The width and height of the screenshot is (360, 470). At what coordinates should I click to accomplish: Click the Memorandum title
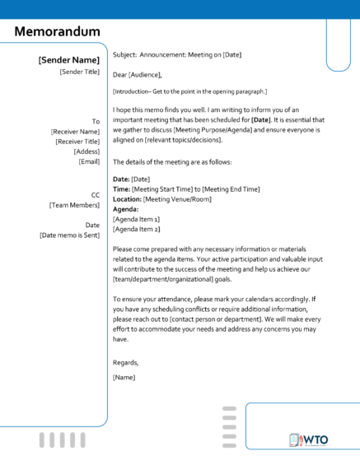(58, 31)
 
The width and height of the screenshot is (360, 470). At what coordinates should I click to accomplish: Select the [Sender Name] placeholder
(69, 60)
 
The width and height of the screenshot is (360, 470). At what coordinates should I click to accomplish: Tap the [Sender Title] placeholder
(80, 72)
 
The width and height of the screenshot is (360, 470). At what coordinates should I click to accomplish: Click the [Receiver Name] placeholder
(75, 131)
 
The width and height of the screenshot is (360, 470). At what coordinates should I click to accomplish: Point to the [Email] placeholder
(89, 161)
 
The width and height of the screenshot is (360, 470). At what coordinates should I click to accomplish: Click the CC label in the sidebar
(95, 195)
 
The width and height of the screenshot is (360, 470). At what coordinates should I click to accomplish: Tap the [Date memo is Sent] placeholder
(69, 235)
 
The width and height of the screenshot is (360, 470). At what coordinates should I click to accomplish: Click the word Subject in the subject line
(124, 54)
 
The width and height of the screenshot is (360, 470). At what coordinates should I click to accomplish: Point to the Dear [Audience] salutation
(137, 74)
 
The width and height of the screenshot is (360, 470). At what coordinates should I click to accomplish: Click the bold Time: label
(121, 188)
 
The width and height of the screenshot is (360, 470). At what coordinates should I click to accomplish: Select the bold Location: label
(127, 198)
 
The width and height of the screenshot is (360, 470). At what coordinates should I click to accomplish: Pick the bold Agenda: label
(125, 209)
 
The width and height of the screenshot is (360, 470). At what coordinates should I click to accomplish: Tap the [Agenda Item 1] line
(136, 219)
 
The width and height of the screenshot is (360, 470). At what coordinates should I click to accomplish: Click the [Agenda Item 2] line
(136, 229)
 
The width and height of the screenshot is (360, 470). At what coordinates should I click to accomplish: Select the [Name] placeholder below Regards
(124, 377)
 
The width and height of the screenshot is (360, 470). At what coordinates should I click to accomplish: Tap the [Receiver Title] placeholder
(75, 141)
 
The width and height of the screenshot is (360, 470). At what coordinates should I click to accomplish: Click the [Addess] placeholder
(86, 151)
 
